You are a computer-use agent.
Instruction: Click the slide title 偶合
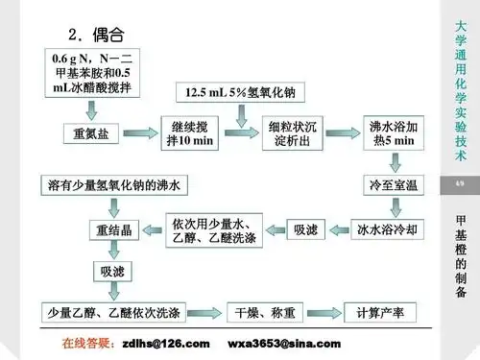point(108,34)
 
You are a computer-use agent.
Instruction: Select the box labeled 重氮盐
point(90,134)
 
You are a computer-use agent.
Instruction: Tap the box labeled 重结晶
point(112,229)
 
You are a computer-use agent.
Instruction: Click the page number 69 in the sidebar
point(459,182)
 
